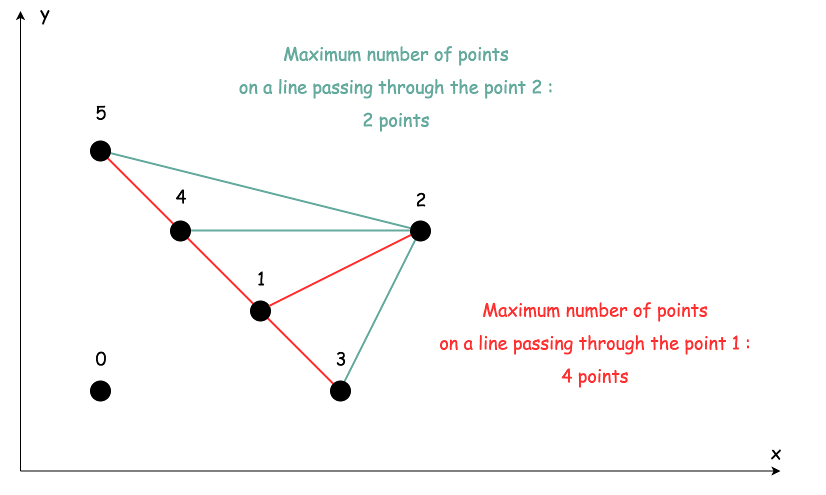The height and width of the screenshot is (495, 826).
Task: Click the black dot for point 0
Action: (100, 391)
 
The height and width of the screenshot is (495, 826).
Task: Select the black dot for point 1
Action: (260, 311)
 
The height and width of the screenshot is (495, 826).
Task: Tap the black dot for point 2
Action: (420, 231)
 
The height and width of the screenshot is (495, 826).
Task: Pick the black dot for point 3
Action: (340, 391)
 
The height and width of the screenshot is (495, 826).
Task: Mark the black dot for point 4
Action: (180, 231)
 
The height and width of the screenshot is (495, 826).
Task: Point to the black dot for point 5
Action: (100, 151)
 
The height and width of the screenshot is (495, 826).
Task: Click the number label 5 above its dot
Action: (101, 113)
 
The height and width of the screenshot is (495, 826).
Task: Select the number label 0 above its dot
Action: (101, 359)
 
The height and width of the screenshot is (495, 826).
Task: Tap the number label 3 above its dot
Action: (341, 359)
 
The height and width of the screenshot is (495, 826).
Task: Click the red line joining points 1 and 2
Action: (340, 271)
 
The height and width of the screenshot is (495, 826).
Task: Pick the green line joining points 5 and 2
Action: (260, 191)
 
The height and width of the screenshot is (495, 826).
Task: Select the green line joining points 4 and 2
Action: (300, 230)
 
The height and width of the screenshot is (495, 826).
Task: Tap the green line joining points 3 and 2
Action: (380, 311)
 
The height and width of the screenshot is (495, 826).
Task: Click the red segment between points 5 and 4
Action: (140, 191)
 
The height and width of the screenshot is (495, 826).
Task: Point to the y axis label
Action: (45, 16)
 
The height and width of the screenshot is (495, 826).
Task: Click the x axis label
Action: (775, 454)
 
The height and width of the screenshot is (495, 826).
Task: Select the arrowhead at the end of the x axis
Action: (776, 471)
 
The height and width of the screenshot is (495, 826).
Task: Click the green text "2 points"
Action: (396, 121)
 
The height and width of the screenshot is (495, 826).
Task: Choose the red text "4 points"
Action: (595, 376)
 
